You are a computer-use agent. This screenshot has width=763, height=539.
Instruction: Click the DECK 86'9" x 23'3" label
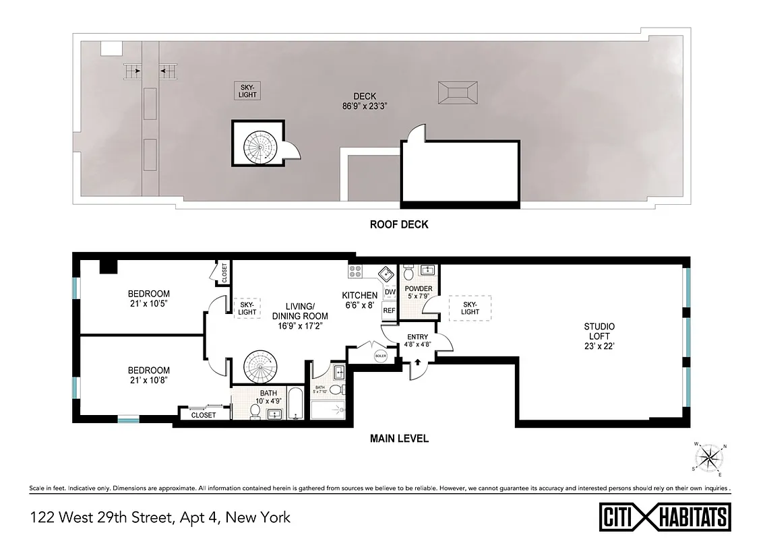(x=367, y=100)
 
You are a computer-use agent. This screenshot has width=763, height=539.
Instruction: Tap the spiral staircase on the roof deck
(x=257, y=144)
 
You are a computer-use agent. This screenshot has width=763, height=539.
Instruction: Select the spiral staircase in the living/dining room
(x=257, y=367)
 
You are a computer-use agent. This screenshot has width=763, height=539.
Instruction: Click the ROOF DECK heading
(x=399, y=224)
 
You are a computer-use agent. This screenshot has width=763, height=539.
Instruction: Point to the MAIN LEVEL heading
(x=399, y=438)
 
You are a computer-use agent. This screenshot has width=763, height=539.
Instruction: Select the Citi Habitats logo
(x=663, y=516)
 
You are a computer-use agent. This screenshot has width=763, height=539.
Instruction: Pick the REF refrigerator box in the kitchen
(x=389, y=311)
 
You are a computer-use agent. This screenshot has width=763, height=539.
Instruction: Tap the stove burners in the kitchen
(x=355, y=272)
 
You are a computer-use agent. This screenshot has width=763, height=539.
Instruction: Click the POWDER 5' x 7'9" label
(x=418, y=292)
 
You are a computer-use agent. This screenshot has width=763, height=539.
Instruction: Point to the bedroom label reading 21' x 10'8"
(x=149, y=375)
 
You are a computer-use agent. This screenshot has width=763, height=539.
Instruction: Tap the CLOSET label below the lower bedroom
(x=204, y=416)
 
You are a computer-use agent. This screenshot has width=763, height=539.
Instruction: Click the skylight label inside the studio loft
(x=470, y=308)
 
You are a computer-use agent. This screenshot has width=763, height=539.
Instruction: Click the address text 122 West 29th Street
(x=160, y=517)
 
